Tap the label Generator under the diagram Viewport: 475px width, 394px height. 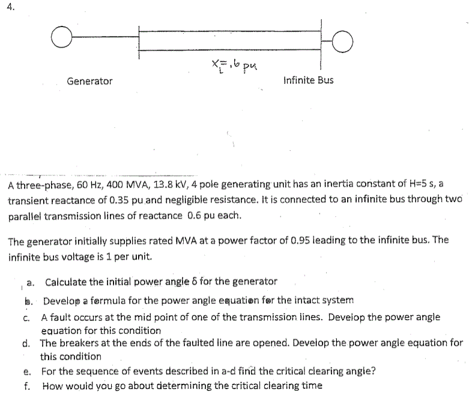pyautogui.click(x=89, y=80)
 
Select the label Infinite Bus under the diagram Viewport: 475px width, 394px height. pyautogui.click(x=308, y=80)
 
